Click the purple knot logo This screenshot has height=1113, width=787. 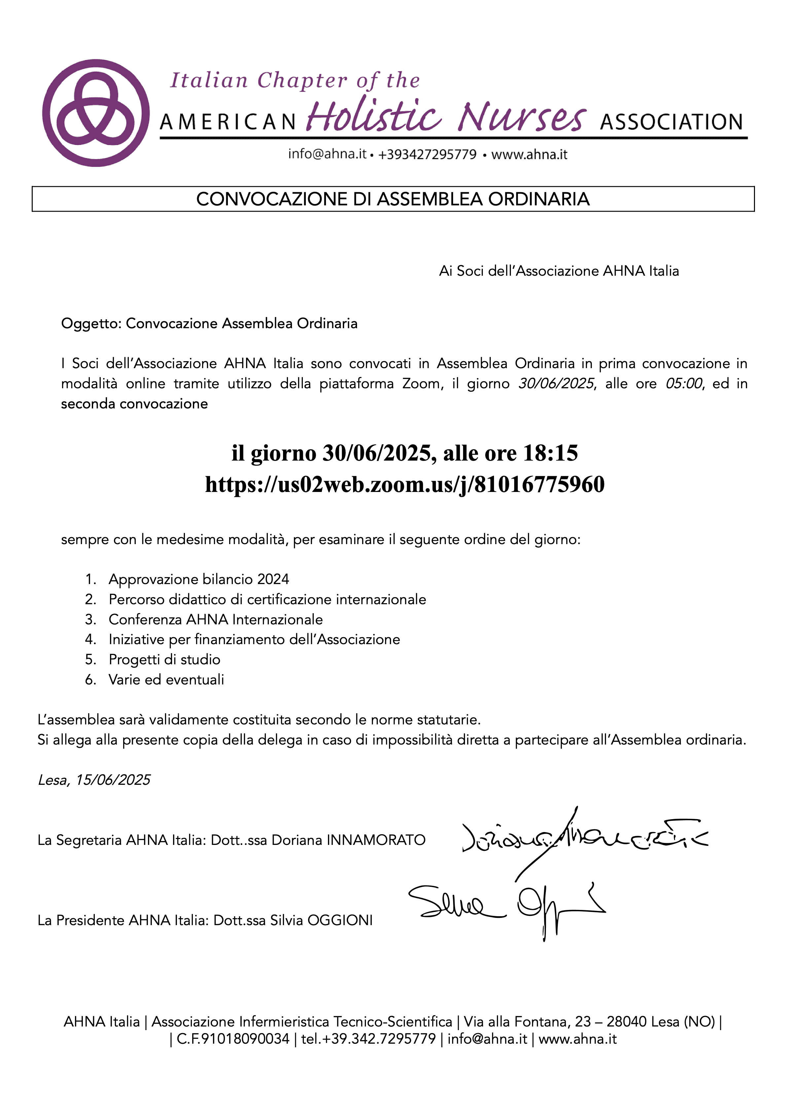pos(95,113)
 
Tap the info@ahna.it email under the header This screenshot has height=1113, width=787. pos(327,154)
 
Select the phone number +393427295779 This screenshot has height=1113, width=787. pos(427,155)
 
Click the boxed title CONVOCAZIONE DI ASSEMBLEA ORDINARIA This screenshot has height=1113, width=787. pos(393,199)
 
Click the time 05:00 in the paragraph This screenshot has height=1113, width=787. pos(683,383)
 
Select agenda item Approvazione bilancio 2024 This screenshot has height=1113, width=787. pos(199,579)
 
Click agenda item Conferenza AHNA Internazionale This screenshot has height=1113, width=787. pos(215,619)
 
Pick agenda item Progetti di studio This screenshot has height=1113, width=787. pos(164,660)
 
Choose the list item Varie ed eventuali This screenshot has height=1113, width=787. pos(166,679)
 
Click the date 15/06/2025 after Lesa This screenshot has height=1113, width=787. pos(113,780)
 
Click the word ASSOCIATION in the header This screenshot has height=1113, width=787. pos(672,122)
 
